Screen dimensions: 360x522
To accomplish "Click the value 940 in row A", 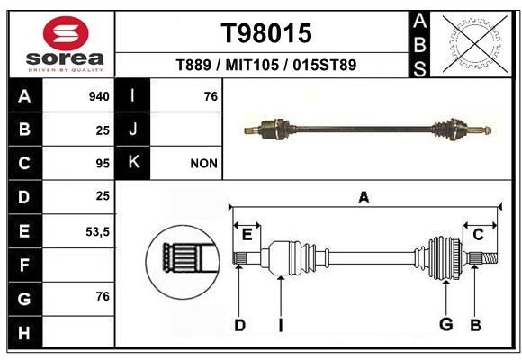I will coord(99,96).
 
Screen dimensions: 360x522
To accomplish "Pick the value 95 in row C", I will coord(102,164).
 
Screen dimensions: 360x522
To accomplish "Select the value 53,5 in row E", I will coord(97,231).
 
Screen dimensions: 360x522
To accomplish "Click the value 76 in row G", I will coord(102,298).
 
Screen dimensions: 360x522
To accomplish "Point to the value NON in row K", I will coord(203,164).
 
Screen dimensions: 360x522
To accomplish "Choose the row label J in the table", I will coord(133,130).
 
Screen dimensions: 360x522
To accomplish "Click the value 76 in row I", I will coord(211,96).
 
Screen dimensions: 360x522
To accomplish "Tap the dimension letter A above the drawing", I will coord(364,197).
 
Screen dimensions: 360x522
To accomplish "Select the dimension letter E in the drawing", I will coord(247,234).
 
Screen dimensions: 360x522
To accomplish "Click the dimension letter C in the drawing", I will coord(478,234).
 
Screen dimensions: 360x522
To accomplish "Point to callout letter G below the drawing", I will coord(445,324).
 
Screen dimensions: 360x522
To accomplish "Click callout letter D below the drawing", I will coord(239,324).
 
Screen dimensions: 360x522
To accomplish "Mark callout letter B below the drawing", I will coord(475,324).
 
